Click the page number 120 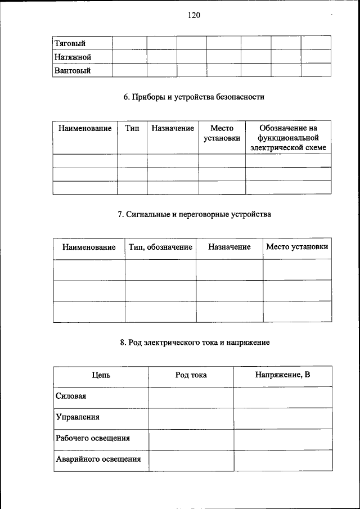point(194,15)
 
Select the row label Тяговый point(69,43)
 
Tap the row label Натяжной point(73,57)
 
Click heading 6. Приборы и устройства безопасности point(194,97)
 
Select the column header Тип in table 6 point(132,129)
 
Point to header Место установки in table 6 point(222,133)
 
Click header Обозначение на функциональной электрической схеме point(289,138)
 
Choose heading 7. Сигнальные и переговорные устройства point(194,214)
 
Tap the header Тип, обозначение point(160,247)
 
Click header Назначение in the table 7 point(229,247)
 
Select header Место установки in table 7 point(298,247)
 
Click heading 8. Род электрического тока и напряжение point(194,342)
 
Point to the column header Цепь point(101,375)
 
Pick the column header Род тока point(191,375)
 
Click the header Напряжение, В point(282,375)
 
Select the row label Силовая point(71,396)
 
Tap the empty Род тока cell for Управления point(191,418)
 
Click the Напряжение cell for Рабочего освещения point(282,439)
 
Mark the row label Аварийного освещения point(98,459)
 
